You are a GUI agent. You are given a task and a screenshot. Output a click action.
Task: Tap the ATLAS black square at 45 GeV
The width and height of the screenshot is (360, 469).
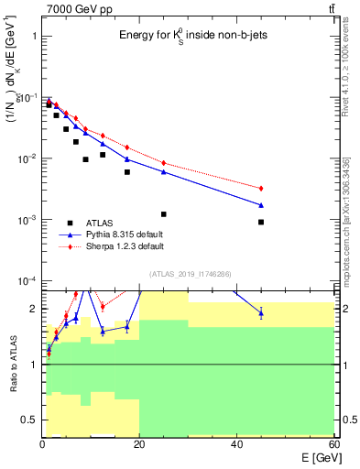(261, 222)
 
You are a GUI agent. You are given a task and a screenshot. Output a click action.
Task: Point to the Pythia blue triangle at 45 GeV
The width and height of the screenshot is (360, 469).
(261, 205)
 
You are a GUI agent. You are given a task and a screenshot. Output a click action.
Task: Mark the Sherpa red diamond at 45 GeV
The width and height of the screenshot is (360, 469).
(261, 188)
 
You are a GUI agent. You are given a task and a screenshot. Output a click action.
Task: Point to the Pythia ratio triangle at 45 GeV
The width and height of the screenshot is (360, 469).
(261, 313)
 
